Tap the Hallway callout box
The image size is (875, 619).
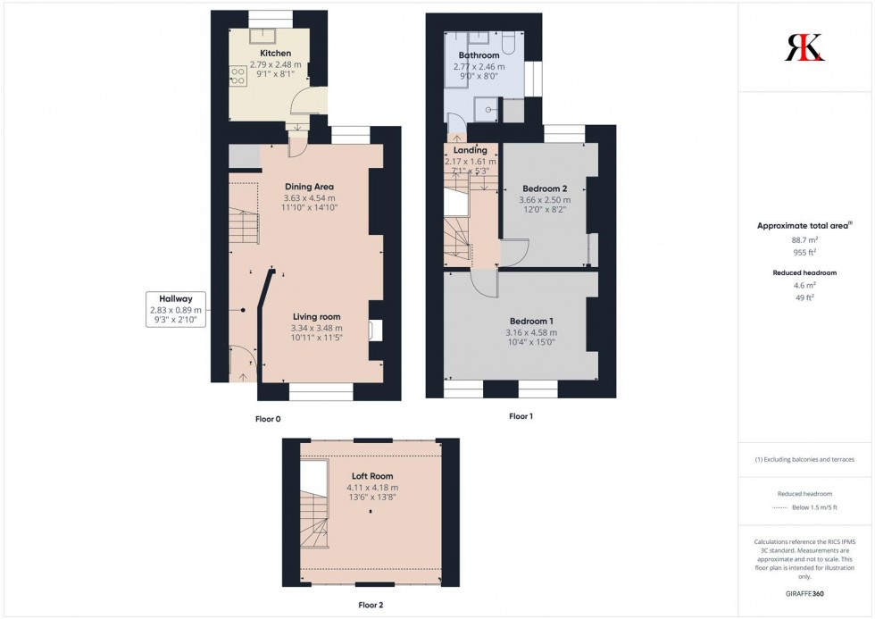coord(177,309)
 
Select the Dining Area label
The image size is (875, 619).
coord(309,187)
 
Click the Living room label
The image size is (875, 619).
coord(316,316)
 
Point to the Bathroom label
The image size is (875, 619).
coord(479,55)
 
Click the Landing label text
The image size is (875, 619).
coord(471,150)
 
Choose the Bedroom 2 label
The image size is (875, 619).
coord(545,188)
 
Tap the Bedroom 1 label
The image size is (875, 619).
coord(531,322)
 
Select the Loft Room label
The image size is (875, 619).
coord(371,476)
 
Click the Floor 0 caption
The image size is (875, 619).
coord(267,418)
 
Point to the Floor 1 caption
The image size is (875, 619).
coord(521,416)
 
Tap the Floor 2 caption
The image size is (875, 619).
coord(370,605)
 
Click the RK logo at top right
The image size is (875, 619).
coord(804,46)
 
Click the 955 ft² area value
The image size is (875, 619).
coord(805,253)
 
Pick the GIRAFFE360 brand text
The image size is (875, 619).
coord(805,593)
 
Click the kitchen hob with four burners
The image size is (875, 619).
coord(237,77)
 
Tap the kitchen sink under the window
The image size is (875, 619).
coord(262,37)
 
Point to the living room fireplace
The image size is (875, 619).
coord(377,330)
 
